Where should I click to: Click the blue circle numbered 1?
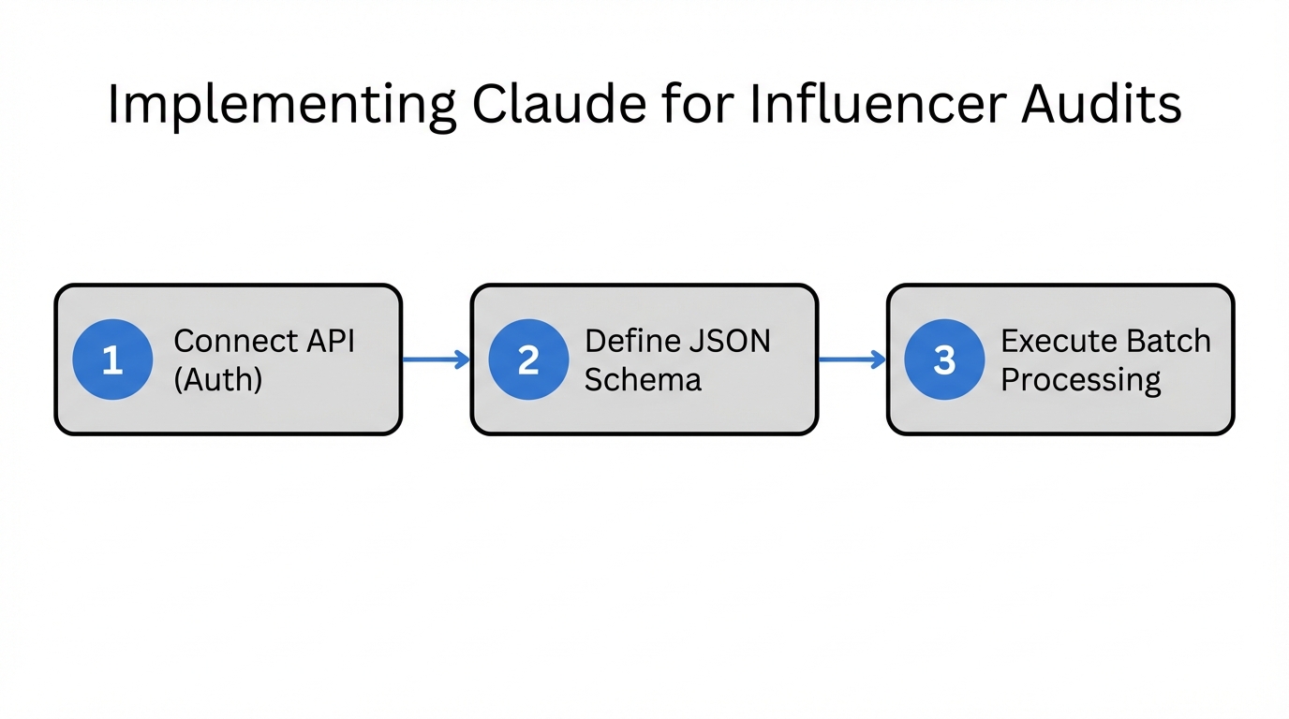[x=112, y=359]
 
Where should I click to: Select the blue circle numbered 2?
[x=528, y=359]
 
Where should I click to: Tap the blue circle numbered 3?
[x=944, y=359]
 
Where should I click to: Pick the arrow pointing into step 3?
[x=852, y=359]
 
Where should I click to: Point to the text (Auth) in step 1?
[x=218, y=380]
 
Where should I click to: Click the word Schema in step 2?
[x=643, y=380]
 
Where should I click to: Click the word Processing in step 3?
[x=1080, y=381]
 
